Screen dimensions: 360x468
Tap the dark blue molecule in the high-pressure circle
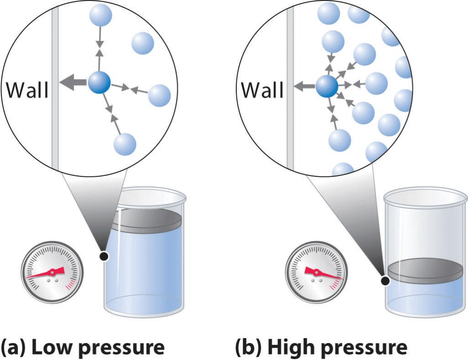[x=327, y=85]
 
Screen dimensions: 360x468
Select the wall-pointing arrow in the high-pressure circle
[x=304, y=85]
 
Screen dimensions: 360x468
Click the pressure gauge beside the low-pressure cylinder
[x=53, y=273]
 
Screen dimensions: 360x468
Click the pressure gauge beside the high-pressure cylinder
[x=316, y=273]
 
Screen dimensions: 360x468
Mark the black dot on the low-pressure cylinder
[x=105, y=257]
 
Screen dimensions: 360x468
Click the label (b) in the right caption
[x=248, y=347]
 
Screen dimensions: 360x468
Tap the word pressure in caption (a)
[x=121, y=348]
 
